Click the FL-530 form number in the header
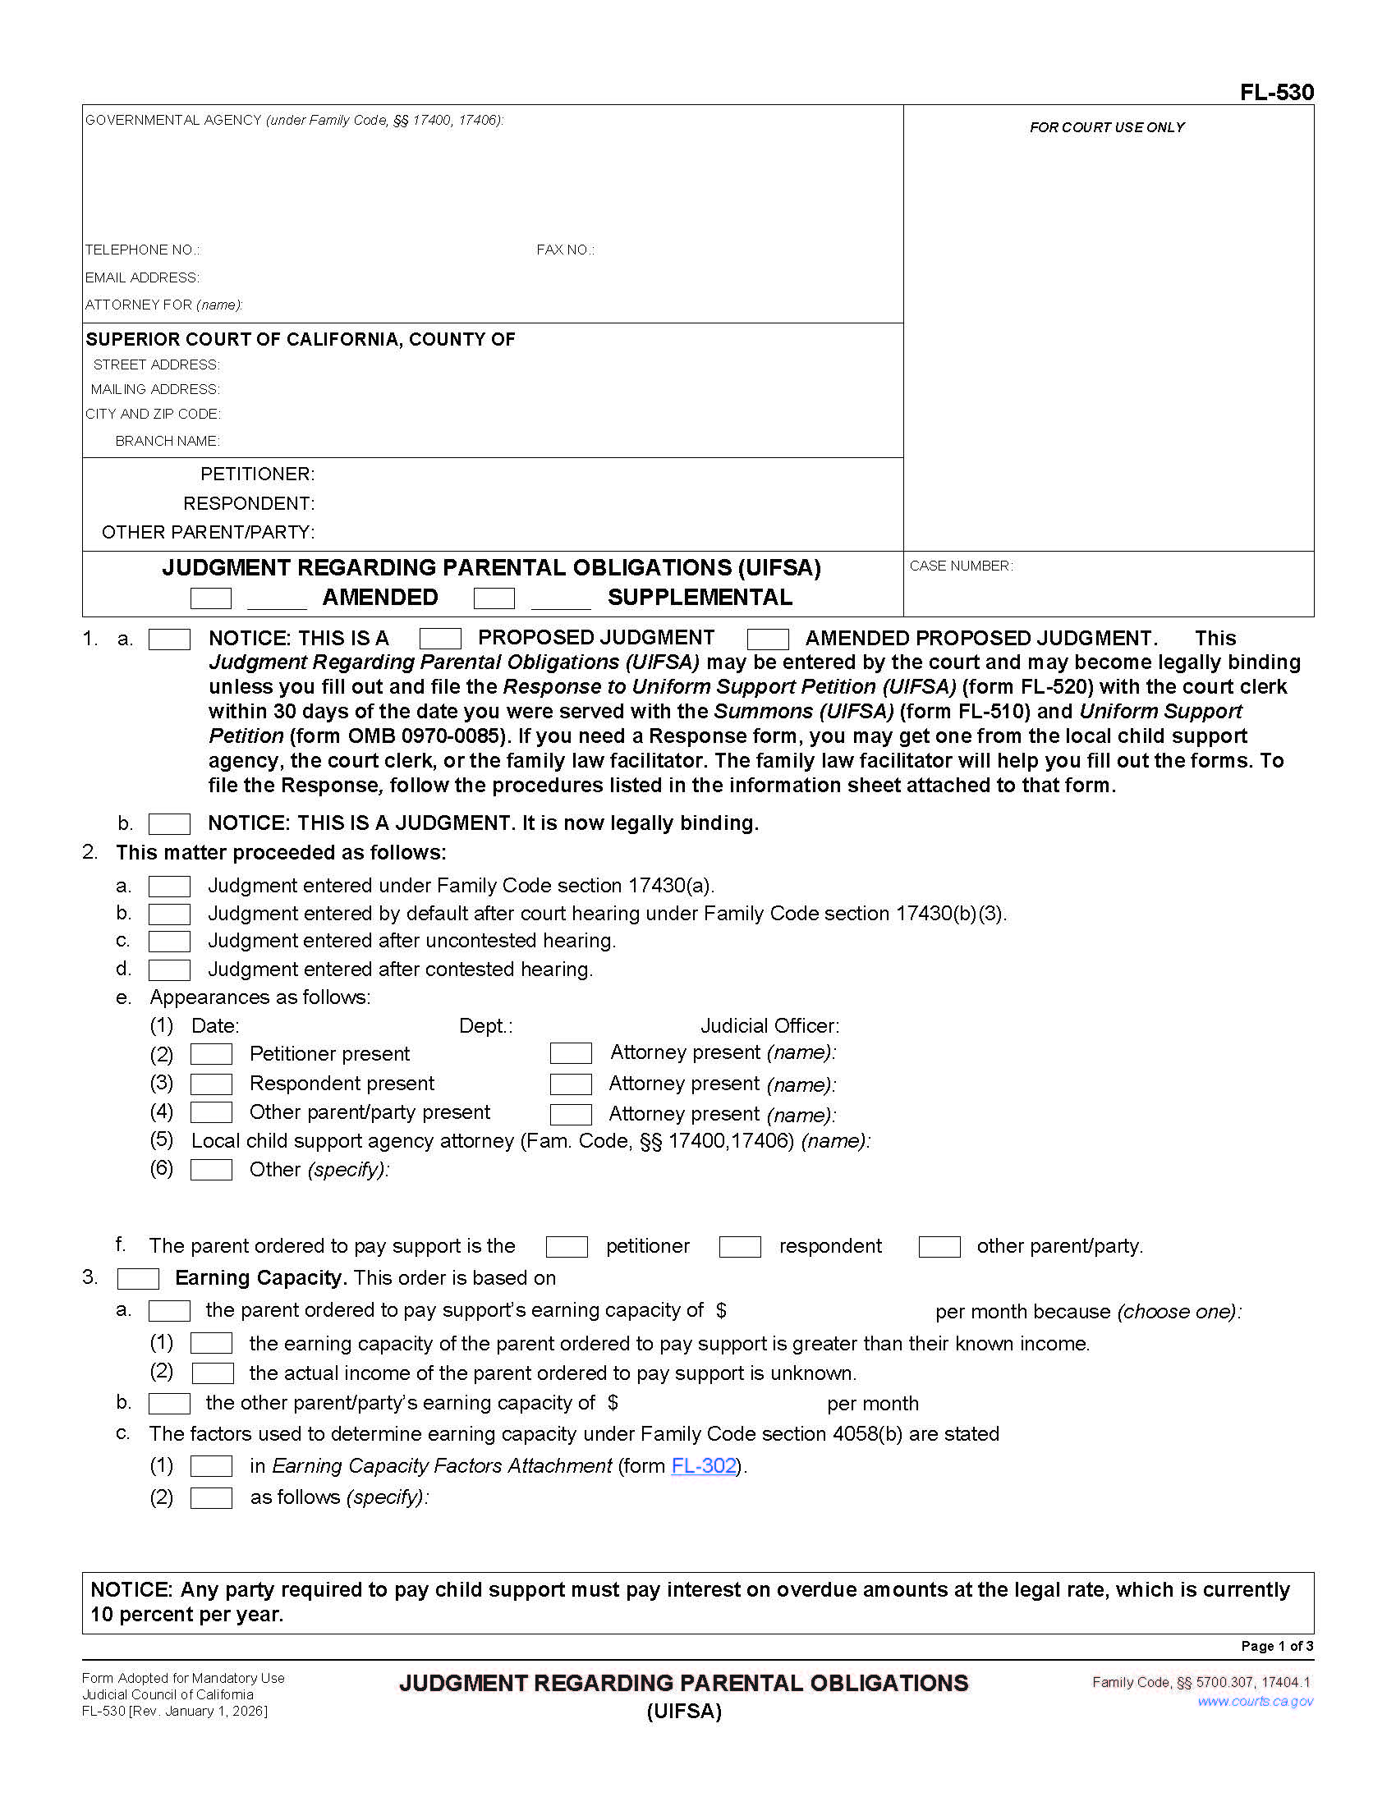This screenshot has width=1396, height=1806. [x=1276, y=92]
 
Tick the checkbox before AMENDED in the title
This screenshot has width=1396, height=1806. [x=210, y=598]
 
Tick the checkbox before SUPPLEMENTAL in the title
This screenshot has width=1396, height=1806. [x=494, y=598]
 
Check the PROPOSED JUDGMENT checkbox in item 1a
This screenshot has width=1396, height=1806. [x=440, y=639]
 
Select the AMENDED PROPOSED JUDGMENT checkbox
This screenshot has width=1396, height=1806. [x=767, y=639]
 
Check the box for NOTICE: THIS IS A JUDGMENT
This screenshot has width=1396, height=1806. [x=168, y=823]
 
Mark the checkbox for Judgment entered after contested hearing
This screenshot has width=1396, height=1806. [x=168, y=969]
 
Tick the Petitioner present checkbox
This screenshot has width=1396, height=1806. [x=211, y=1053]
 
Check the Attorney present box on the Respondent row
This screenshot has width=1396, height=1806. [x=571, y=1084]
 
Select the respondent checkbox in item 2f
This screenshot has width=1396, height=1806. [x=739, y=1247]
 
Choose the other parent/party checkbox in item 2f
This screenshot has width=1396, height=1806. [x=939, y=1247]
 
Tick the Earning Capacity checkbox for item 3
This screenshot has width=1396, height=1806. [x=138, y=1278]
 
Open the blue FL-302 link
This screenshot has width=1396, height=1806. [x=703, y=1466]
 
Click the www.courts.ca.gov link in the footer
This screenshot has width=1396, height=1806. [x=1255, y=1701]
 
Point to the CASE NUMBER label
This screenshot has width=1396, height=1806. [x=960, y=566]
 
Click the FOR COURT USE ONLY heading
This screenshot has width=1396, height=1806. [x=1107, y=127]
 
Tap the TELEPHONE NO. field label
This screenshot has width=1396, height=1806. [x=142, y=250]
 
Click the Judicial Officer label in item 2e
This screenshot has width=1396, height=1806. [x=769, y=1026]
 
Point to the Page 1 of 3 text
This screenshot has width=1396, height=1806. [x=1276, y=1646]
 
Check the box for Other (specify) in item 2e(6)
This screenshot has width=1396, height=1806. [x=211, y=1169]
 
